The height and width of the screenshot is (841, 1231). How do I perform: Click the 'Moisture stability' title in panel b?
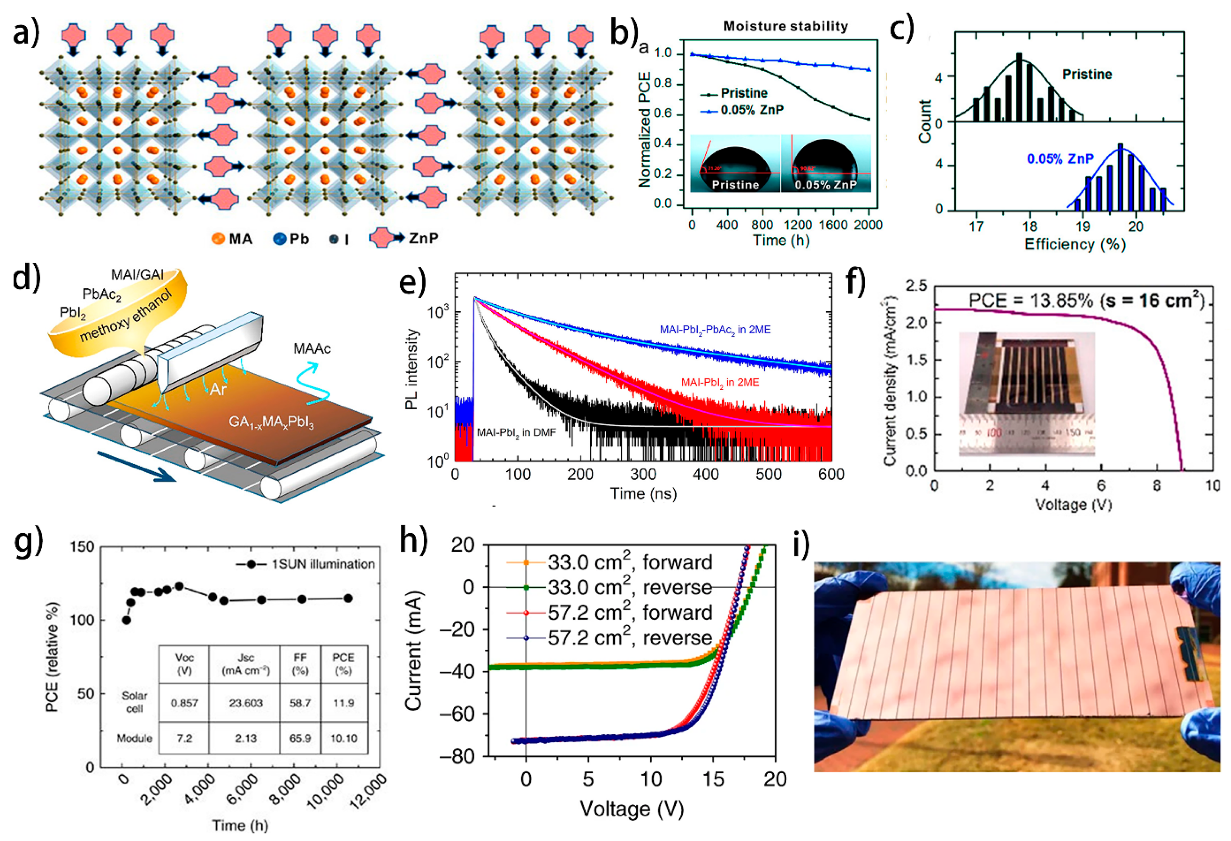pos(786,26)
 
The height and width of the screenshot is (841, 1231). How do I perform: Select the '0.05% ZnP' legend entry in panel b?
pos(752,110)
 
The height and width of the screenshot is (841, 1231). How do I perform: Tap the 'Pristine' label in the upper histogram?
pos(1087,74)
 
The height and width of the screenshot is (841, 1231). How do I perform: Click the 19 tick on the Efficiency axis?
pos(1083,227)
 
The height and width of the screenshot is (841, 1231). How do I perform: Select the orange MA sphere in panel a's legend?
pos(218,239)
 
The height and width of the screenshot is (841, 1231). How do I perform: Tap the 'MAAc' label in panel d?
pos(312,348)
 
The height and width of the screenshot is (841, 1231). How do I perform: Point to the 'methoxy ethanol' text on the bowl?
pos(126,316)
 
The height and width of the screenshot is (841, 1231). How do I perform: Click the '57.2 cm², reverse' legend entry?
pos(629,638)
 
